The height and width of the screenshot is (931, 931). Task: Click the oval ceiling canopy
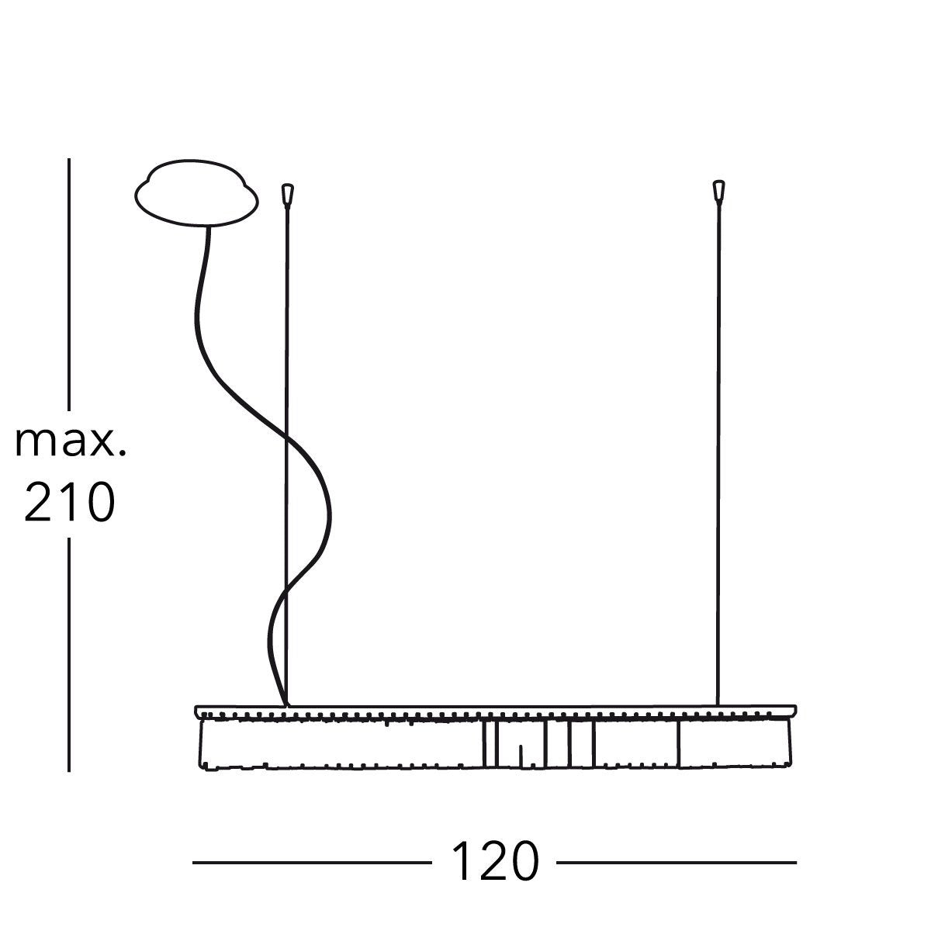196,193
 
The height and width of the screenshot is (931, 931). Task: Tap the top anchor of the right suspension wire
719,192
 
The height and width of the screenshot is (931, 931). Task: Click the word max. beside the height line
71,442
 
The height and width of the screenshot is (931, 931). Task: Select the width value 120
495,861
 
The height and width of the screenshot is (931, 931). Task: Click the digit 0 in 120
524,861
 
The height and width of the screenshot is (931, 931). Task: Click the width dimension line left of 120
312,863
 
